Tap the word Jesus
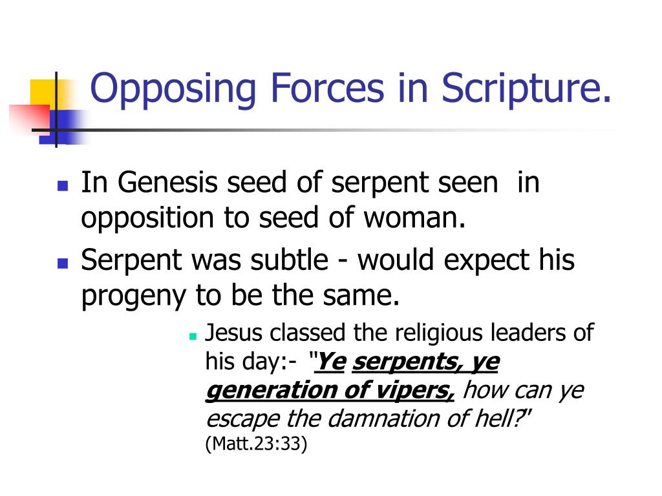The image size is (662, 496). (235, 334)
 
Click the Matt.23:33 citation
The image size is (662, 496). (256, 445)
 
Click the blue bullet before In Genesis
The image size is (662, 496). (63, 186)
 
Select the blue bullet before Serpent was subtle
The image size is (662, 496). (63, 263)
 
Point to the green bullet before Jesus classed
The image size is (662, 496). (193, 336)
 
